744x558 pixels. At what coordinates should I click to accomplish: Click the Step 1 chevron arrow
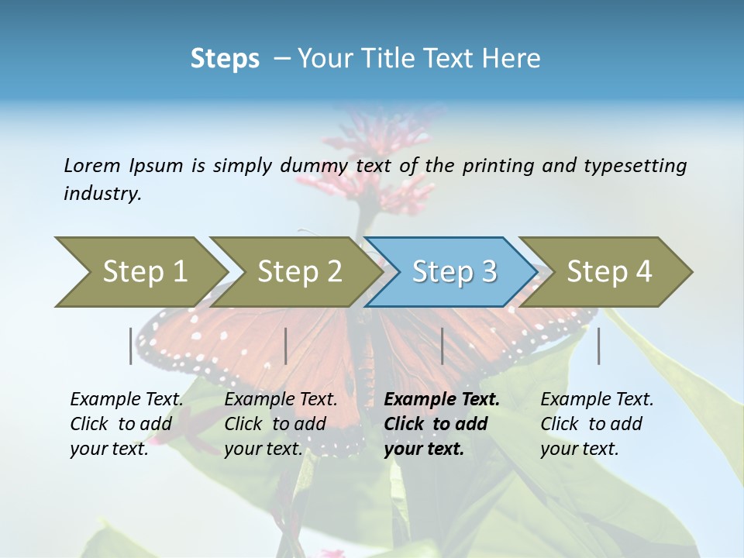click(144, 271)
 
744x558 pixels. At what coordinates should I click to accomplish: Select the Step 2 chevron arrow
click(299, 271)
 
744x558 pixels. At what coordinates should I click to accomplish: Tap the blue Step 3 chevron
click(454, 271)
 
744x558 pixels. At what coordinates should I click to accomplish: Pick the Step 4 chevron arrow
click(609, 271)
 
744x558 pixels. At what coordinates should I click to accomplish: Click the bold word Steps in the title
click(225, 59)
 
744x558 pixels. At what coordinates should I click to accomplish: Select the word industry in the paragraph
click(102, 193)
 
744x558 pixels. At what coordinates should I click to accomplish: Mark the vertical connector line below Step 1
click(131, 346)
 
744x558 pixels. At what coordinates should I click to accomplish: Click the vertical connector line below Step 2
click(286, 346)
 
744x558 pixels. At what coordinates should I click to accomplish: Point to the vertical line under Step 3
click(442, 346)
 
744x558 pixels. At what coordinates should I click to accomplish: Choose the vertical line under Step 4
click(598, 346)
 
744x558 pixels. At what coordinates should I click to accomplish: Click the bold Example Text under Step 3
click(442, 400)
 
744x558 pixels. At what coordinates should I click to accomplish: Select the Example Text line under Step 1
click(126, 400)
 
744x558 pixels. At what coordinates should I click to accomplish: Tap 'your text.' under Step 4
click(579, 449)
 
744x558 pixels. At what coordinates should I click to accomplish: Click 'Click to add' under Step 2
click(275, 424)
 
